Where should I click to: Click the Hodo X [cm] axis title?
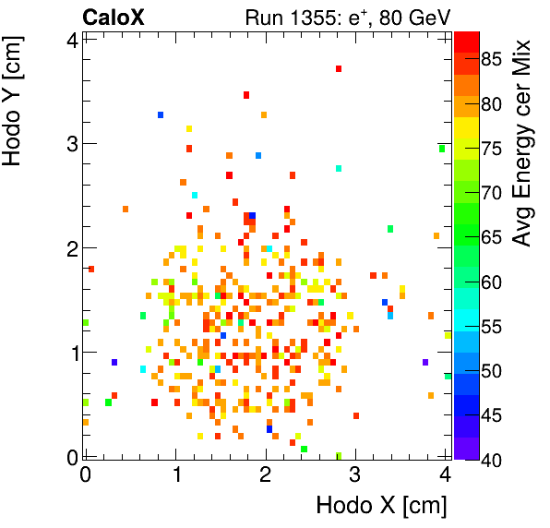click(x=381, y=506)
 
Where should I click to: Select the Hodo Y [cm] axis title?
click(x=16, y=97)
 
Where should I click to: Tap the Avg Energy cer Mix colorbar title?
click(x=523, y=143)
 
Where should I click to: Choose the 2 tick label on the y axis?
click(x=70, y=247)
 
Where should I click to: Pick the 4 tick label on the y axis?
click(x=70, y=39)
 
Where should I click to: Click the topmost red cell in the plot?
click(x=339, y=68)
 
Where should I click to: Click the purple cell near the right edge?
click(x=425, y=362)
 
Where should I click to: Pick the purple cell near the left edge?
click(x=114, y=362)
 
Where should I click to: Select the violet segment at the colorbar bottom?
click(x=466, y=449)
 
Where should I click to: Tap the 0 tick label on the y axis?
click(x=70, y=455)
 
